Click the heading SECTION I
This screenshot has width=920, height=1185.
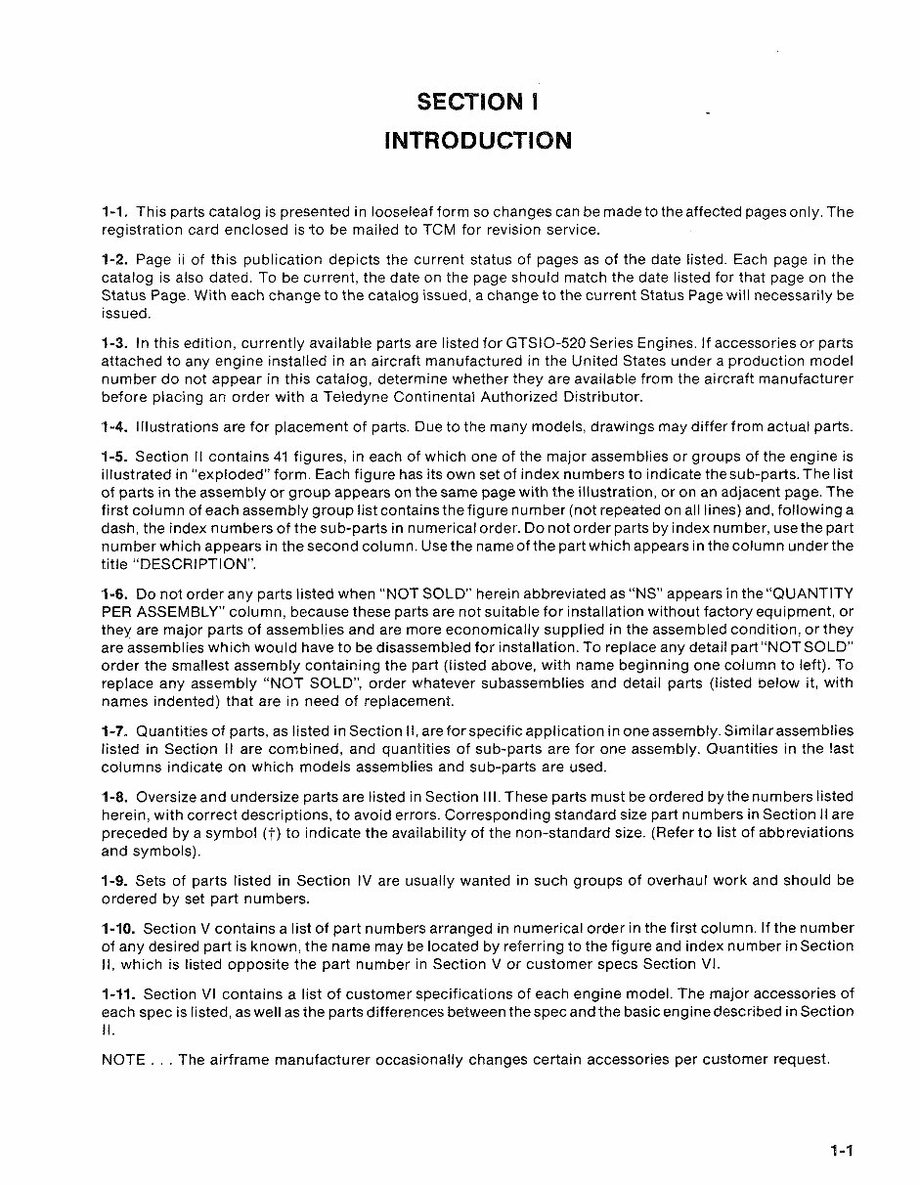[477, 102]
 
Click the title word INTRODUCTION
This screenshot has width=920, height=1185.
[478, 140]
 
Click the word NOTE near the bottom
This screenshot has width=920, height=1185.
[124, 1059]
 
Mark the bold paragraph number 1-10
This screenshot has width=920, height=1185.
[118, 927]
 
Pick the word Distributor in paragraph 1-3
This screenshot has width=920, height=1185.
[604, 397]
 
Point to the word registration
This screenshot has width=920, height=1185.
[141, 230]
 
